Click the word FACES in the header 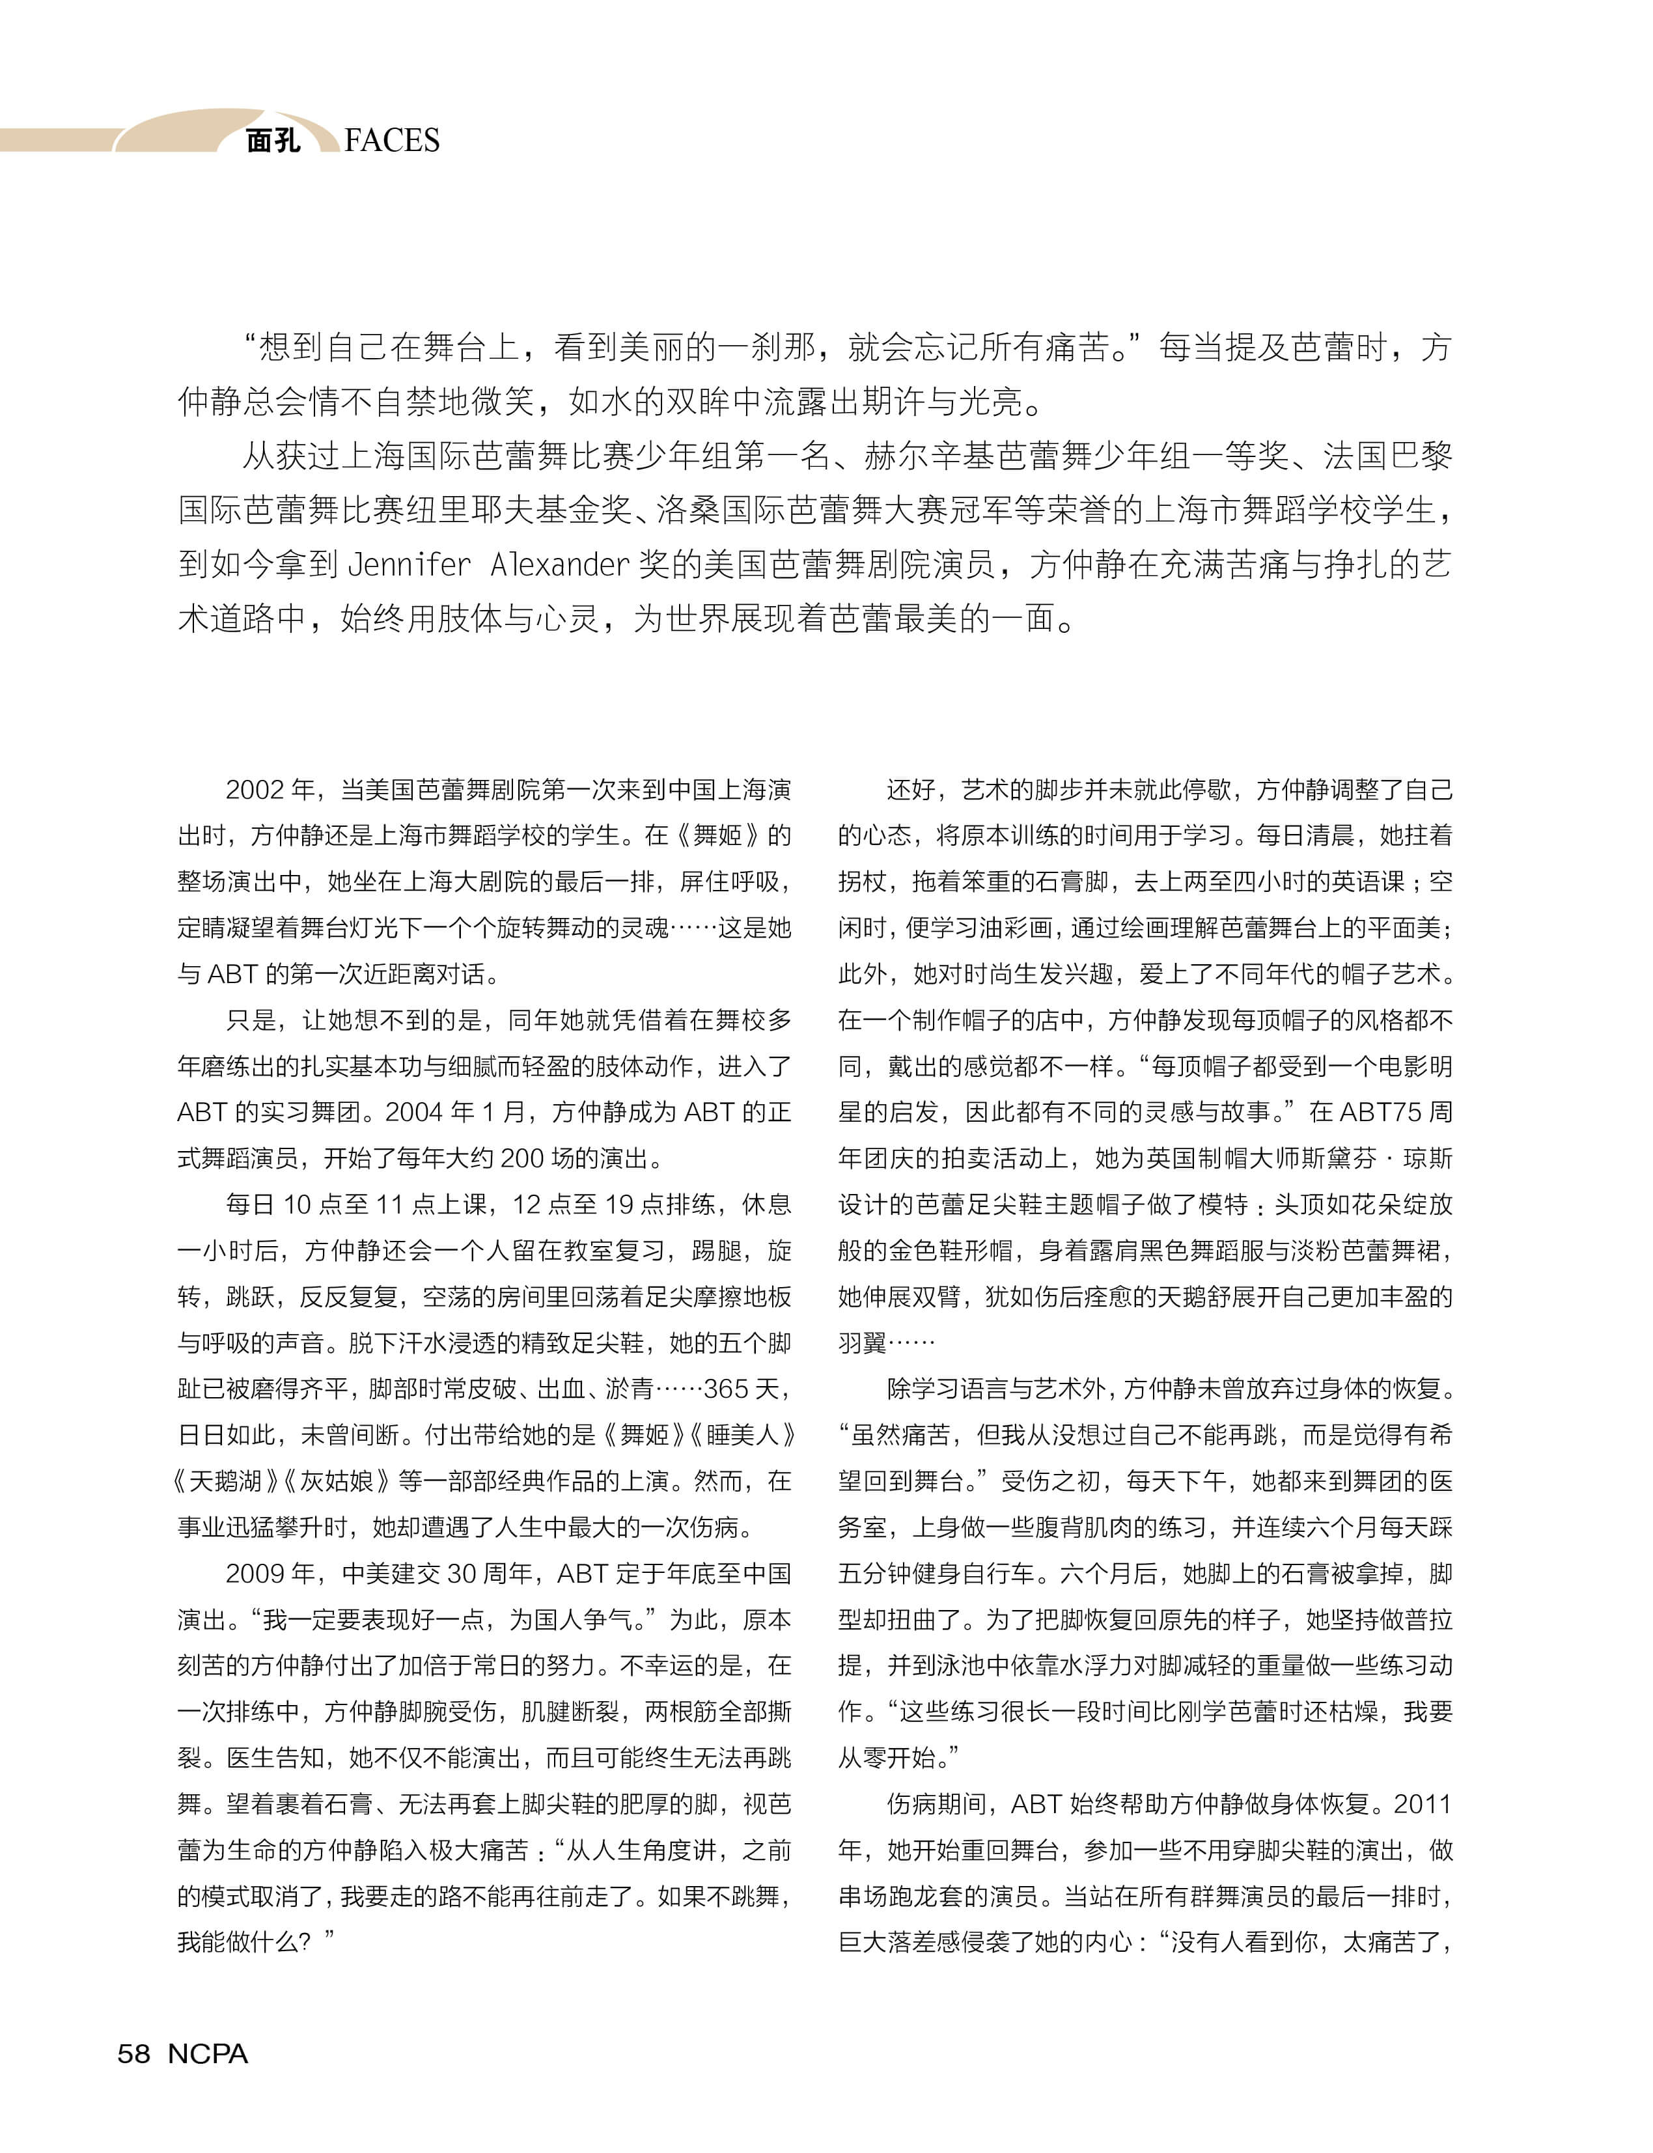[392, 141]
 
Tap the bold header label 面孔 [273, 141]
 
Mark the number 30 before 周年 [462, 1574]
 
